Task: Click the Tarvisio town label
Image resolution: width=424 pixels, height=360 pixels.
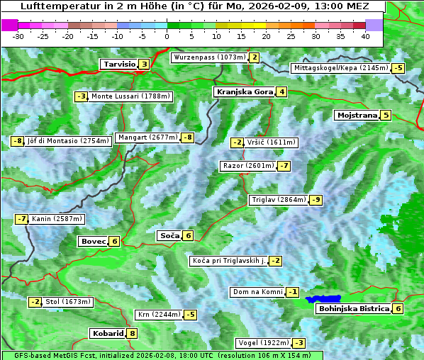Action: [118, 64]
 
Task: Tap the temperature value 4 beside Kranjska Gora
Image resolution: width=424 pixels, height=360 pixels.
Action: [281, 91]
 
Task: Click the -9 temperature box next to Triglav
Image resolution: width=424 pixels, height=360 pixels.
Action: [316, 200]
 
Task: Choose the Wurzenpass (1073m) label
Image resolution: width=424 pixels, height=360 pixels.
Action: [210, 57]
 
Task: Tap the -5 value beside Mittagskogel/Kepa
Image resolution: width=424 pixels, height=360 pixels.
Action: [399, 68]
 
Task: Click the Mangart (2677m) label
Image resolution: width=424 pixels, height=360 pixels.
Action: [147, 137]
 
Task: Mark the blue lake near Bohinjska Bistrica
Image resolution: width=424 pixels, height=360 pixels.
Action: [323, 300]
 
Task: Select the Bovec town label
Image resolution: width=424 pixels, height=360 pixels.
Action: [93, 241]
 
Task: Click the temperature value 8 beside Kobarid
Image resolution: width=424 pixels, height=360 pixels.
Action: [132, 333]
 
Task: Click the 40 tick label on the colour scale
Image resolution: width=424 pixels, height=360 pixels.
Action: [365, 35]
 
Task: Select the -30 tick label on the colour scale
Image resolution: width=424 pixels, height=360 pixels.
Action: [18, 35]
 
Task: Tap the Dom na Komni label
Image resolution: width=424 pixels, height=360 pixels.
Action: [257, 292]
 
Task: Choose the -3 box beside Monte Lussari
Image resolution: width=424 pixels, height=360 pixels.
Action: [81, 96]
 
